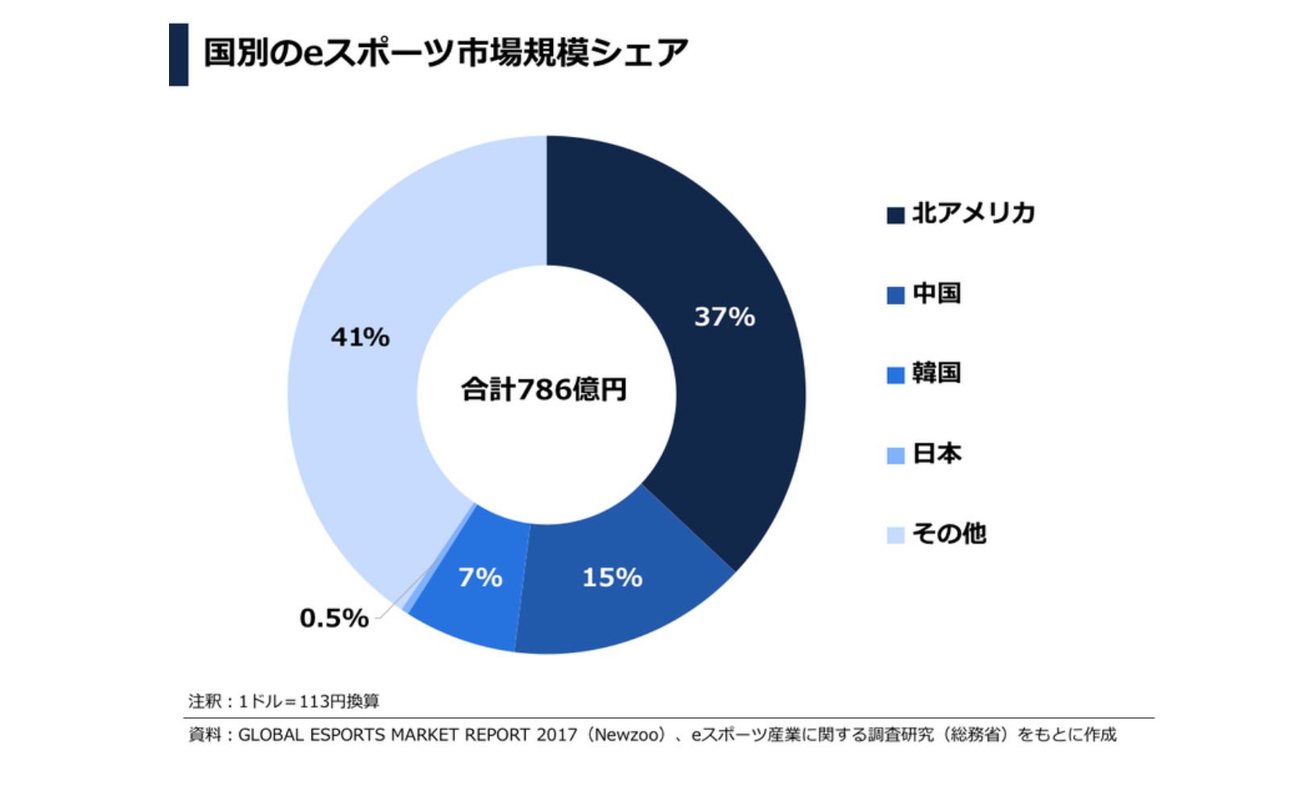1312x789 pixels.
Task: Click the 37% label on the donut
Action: click(x=724, y=316)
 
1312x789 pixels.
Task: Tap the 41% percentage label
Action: click(x=360, y=337)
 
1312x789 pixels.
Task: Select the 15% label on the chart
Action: click(x=612, y=577)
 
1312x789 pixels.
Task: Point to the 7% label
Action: click(x=480, y=577)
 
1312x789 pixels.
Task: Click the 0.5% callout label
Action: click(x=334, y=618)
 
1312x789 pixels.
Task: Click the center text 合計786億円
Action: click(x=544, y=390)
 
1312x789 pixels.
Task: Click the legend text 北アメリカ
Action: click(x=973, y=213)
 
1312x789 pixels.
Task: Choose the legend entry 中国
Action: click(x=937, y=294)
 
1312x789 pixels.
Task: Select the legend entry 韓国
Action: click(x=937, y=374)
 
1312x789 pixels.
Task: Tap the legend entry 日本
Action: click(x=937, y=454)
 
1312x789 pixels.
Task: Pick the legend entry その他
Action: click(x=949, y=534)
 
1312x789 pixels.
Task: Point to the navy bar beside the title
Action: click(x=179, y=55)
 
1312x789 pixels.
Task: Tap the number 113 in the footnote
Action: click(x=311, y=701)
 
